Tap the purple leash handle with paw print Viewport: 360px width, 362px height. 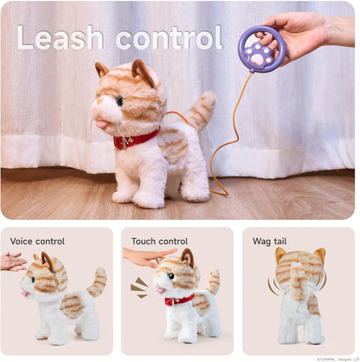261,49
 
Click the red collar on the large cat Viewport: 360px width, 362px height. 137,138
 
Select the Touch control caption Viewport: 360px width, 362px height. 159,241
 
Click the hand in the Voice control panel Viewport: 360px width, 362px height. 12,261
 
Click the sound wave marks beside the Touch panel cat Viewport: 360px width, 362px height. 139,287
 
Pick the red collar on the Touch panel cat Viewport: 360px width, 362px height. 180,300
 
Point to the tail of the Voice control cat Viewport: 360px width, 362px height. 99,281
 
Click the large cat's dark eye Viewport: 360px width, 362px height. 119,100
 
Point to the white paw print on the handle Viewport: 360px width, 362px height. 261,51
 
